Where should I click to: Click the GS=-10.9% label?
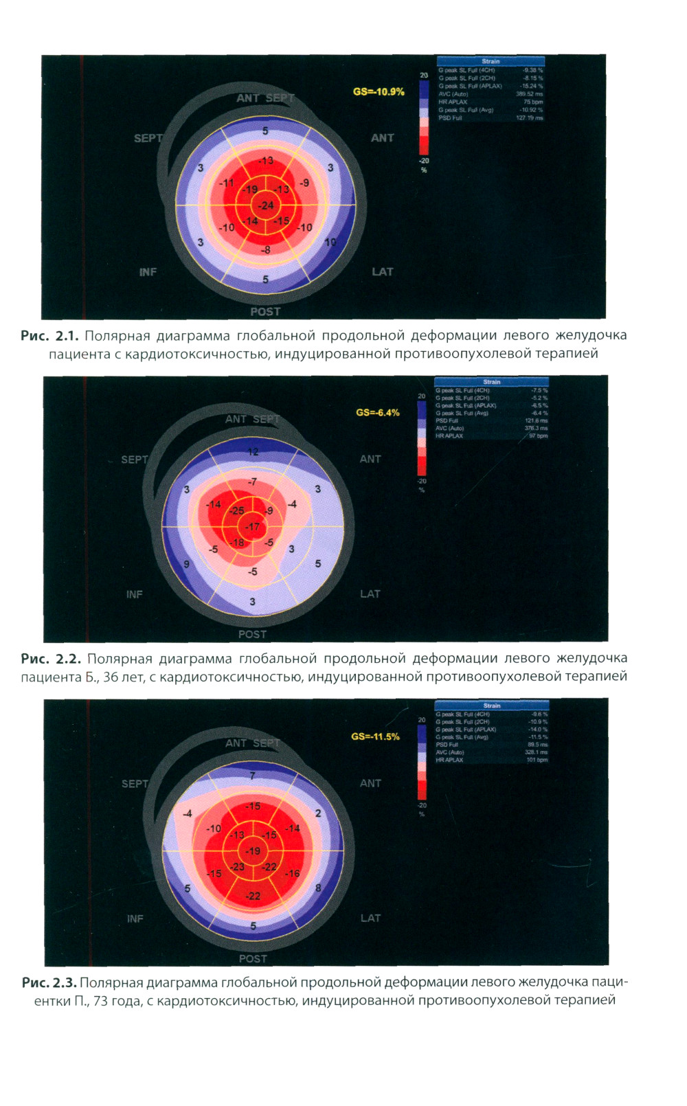pos(379,91)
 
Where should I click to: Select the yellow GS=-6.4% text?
pos(377,413)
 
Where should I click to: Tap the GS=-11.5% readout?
pos(375,736)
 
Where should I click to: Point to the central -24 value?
pos(266,205)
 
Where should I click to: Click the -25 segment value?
pos(236,510)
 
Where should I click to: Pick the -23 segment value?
pos(237,867)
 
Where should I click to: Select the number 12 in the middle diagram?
pos(253,452)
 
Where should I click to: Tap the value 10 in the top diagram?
pos(330,242)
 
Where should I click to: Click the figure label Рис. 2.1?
pos(49,336)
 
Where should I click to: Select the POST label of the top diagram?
pos(265,312)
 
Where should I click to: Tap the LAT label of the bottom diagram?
pos(370,918)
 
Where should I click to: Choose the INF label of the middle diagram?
pos(135,594)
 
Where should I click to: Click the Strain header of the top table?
pos(491,61)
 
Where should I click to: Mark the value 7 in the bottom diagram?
pos(252,776)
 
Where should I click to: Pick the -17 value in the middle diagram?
pos(253,527)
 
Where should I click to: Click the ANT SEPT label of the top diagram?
pos(265,98)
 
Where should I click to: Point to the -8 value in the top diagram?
pos(265,250)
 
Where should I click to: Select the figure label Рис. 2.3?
pos(49,982)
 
